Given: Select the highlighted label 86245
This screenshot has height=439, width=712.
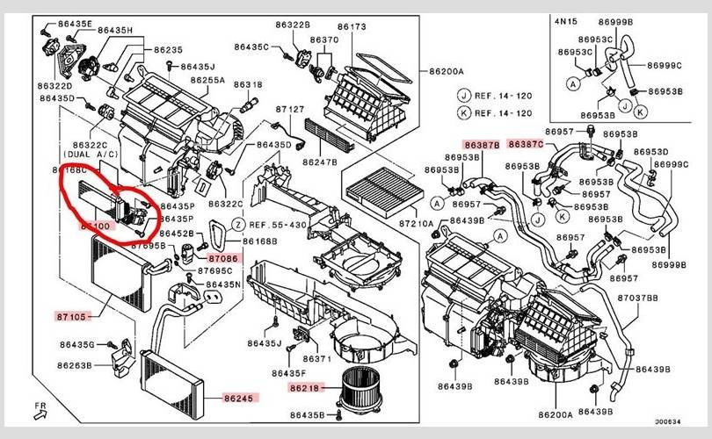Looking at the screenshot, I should click(x=237, y=399).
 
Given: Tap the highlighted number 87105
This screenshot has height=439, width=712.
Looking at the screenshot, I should click(x=71, y=316).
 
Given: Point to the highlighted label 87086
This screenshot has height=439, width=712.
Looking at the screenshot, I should click(x=223, y=259).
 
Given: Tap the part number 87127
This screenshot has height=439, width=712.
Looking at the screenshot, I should click(x=289, y=110).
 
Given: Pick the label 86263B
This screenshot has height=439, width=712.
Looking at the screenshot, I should click(x=75, y=365).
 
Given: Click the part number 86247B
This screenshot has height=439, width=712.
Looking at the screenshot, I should click(x=320, y=162).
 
